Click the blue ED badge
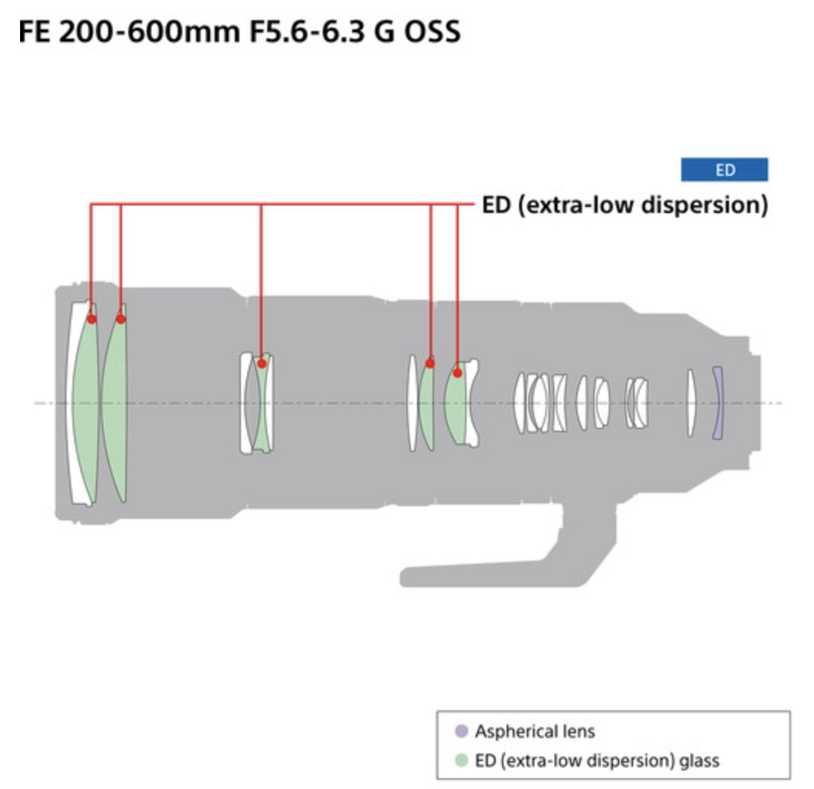point(724,170)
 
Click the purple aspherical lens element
point(717,403)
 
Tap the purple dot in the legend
point(461,731)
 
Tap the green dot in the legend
point(461,760)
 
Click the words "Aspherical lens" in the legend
point(534,731)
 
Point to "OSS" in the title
point(432,32)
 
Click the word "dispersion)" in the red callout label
point(704,205)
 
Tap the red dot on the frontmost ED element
point(91,319)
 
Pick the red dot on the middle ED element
point(262,364)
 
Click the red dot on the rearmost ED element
point(457,373)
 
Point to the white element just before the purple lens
point(691,403)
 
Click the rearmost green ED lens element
point(456,403)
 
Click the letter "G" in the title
point(384,32)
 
